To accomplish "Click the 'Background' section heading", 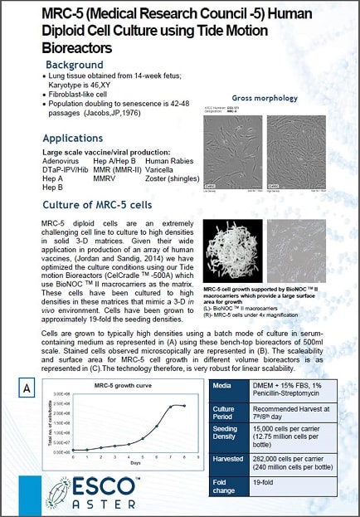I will pyautogui.click(x=75, y=64).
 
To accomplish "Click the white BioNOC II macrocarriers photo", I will pyautogui.click(x=236, y=250).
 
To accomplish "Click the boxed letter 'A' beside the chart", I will pyautogui.click(x=28, y=388).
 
